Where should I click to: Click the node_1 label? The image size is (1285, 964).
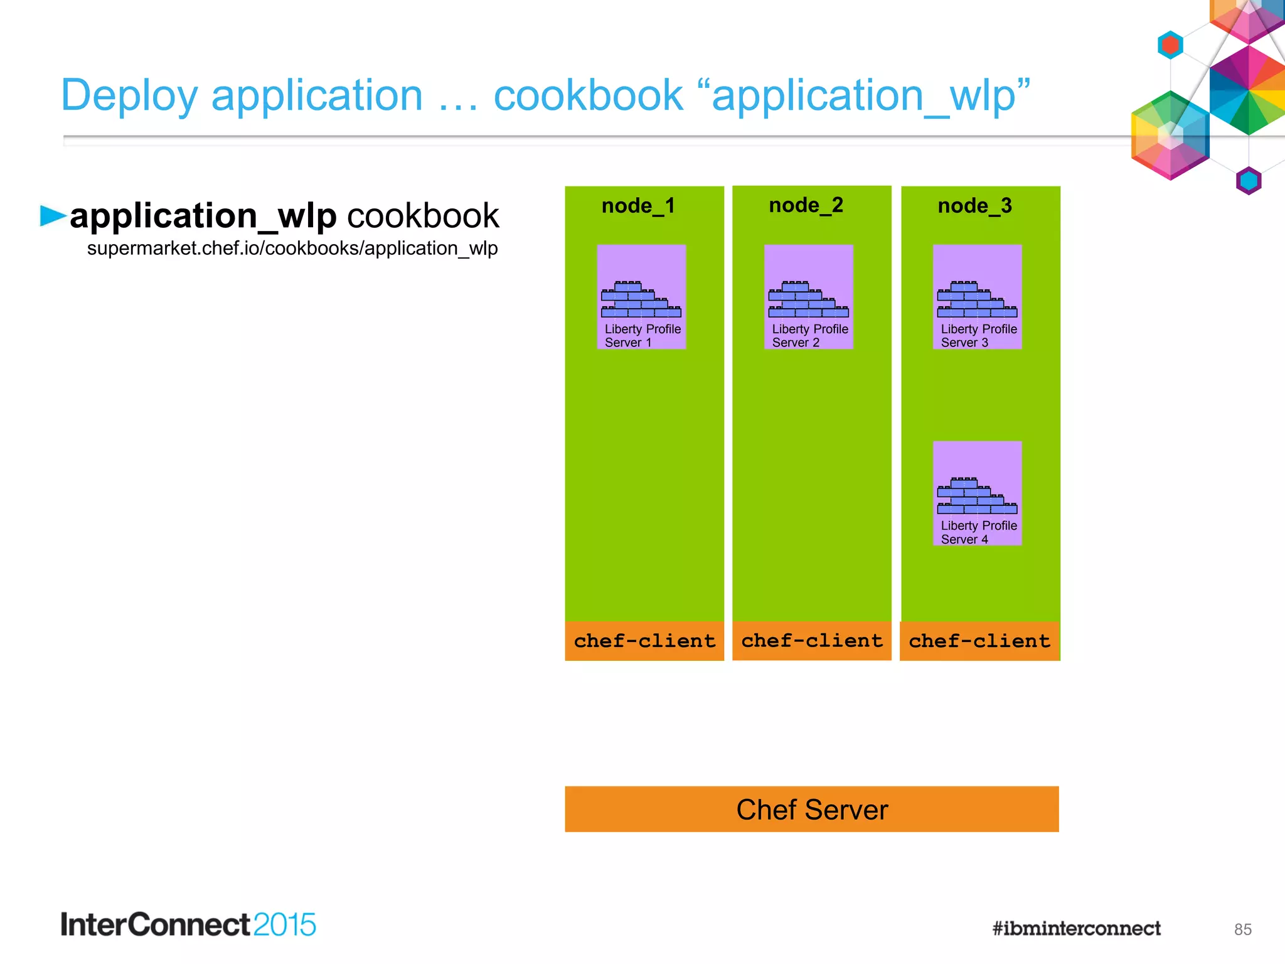[638, 206]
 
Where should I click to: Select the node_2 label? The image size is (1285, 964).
[806, 205]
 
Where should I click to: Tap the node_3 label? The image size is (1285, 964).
[974, 206]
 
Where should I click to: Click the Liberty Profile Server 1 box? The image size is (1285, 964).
[641, 297]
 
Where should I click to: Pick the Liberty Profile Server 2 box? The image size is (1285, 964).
[808, 297]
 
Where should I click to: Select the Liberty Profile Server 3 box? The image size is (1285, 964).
[977, 297]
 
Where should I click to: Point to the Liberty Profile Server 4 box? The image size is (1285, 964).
[977, 493]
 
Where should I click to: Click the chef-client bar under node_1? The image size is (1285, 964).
[644, 641]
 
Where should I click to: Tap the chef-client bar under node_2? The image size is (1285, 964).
[812, 641]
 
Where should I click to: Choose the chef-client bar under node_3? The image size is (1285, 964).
[979, 641]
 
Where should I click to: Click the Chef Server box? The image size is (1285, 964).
[812, 809]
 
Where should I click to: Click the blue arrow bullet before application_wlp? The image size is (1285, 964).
[53, 215]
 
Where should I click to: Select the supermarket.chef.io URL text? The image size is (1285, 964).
[292, 249]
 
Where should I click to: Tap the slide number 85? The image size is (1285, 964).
[1242, 929]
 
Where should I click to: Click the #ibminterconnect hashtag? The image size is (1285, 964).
[1076, 928]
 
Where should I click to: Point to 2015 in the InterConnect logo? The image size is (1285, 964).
[284, 925]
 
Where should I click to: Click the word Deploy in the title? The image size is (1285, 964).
[129, 96]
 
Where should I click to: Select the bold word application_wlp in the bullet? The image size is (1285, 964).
[203, 216]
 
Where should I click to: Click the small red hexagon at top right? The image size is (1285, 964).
[1170, 45]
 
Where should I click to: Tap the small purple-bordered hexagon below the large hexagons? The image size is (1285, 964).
[1249, 181]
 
